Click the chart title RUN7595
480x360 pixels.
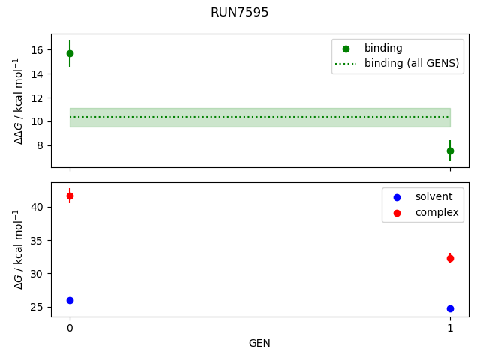tap(240, 13)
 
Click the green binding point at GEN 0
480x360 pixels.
tap(70, 53)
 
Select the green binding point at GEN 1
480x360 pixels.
tap(450, 151)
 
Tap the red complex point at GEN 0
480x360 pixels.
tap(70, 196)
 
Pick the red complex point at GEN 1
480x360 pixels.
tap(450, 258)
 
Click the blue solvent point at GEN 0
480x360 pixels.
tap(70, 300)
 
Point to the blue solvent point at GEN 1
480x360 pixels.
tap(450, 308)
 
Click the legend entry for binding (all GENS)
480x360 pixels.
tap(411, 63)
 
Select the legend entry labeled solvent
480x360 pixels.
tap(433, 196)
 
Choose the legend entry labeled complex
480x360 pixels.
tap(436, 212)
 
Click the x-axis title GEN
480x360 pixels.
tap(259, 343)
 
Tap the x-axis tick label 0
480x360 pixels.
tap(70, 328)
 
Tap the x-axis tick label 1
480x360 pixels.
tap(450, 328)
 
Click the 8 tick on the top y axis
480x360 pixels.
tap(41, 145)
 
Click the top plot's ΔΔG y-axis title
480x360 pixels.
tap(19, 100)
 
